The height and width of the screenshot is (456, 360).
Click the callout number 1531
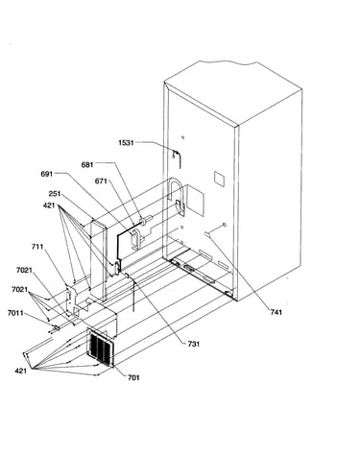click(x=126, y=143)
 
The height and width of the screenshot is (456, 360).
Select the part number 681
click(x=87, y=165)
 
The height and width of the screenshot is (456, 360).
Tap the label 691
click(x=47, y=174)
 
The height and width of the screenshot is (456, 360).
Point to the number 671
click(x=101, y=181)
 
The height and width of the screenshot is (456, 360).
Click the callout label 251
click(x=55, y=194)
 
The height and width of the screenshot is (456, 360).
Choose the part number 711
click(x=37, y=247)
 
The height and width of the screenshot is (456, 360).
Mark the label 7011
click(x=15, y=313)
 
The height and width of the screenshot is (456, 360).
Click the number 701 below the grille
click(x=133, y=377)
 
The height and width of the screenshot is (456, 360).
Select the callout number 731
click(x=194, y=344)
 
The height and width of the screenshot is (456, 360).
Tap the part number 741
click(x=276, y=312)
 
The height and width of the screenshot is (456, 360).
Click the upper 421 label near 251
click(x=49, y=205)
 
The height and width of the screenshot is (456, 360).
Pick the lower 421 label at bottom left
click(x=21, y=371)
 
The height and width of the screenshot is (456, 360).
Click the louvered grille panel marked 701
click(x=101, y=348)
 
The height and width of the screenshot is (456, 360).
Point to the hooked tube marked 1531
click(x=177, y=157)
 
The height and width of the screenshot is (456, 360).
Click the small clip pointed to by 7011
click(x=57, y=328)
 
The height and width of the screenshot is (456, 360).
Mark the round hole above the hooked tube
click(x=182, y=137)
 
